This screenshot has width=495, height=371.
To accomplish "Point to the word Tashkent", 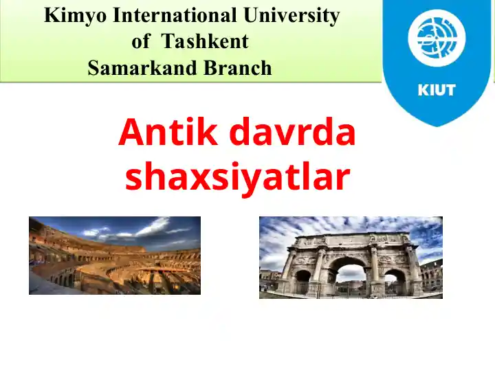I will coord(205,42).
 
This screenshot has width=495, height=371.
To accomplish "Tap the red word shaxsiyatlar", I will coord(237,177).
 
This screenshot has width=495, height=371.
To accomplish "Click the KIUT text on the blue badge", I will coord(437,90).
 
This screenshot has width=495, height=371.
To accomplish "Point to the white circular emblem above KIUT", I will coord(437,38).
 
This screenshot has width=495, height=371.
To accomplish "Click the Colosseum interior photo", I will coord(115,256).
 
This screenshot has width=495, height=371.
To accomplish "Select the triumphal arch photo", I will coord(351,258).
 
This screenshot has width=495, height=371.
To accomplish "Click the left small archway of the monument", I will coord(303,282).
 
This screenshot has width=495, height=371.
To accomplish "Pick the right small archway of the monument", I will coord(395,282).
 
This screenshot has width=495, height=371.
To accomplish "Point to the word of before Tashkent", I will coord(141,42).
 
